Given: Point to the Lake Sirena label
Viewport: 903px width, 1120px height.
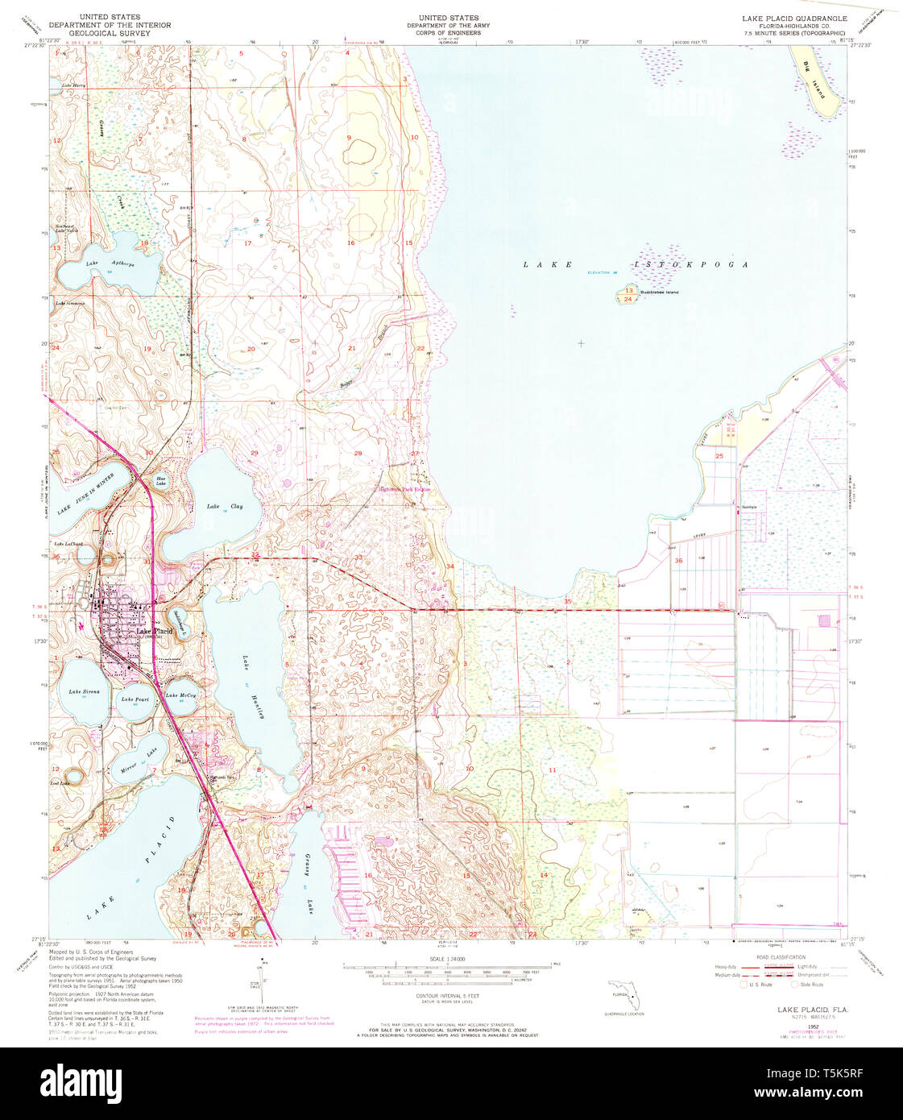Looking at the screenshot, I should pyautogui.click(x=84, y=692).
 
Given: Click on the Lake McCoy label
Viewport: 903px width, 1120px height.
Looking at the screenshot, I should pyautogui.click(x=180, y=695).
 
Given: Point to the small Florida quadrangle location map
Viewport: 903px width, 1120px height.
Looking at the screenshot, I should pyautogui.click(x=627, y=996).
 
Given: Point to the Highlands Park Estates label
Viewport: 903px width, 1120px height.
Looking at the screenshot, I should pyautogui.click(x=405, y=489).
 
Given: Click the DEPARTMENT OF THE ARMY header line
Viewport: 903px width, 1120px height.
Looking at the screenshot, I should pyautogui.click(x=448, y=25).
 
